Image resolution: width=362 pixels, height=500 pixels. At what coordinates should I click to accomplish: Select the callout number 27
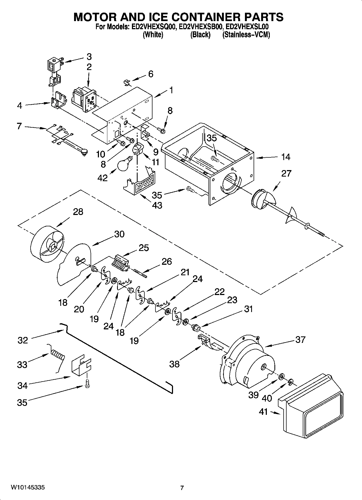tap(286, 173)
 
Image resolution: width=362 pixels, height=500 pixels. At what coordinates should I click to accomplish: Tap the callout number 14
tap(286, 157)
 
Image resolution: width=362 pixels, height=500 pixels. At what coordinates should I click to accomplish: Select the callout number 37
tap(300, 340)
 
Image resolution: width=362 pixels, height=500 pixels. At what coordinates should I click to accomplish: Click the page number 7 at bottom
tap(182, 488)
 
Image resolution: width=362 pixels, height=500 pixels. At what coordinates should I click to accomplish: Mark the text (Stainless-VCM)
tap(246, 35)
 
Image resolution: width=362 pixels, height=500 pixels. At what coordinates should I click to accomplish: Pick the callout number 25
tap(144, 248)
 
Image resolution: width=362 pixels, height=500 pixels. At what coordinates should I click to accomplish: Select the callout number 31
tap(248, 309)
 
